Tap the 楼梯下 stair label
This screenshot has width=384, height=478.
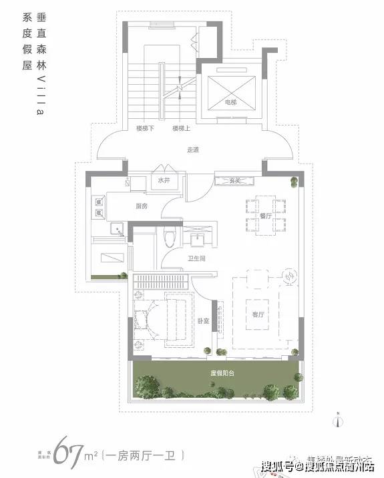[144, 128]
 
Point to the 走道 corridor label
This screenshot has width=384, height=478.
[193, 150]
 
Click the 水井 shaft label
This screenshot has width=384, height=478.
[164, 180]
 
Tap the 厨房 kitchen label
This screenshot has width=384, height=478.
[141, 206]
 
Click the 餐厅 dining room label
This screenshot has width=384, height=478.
[265, 216]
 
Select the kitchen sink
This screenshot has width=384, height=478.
[117, 231]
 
